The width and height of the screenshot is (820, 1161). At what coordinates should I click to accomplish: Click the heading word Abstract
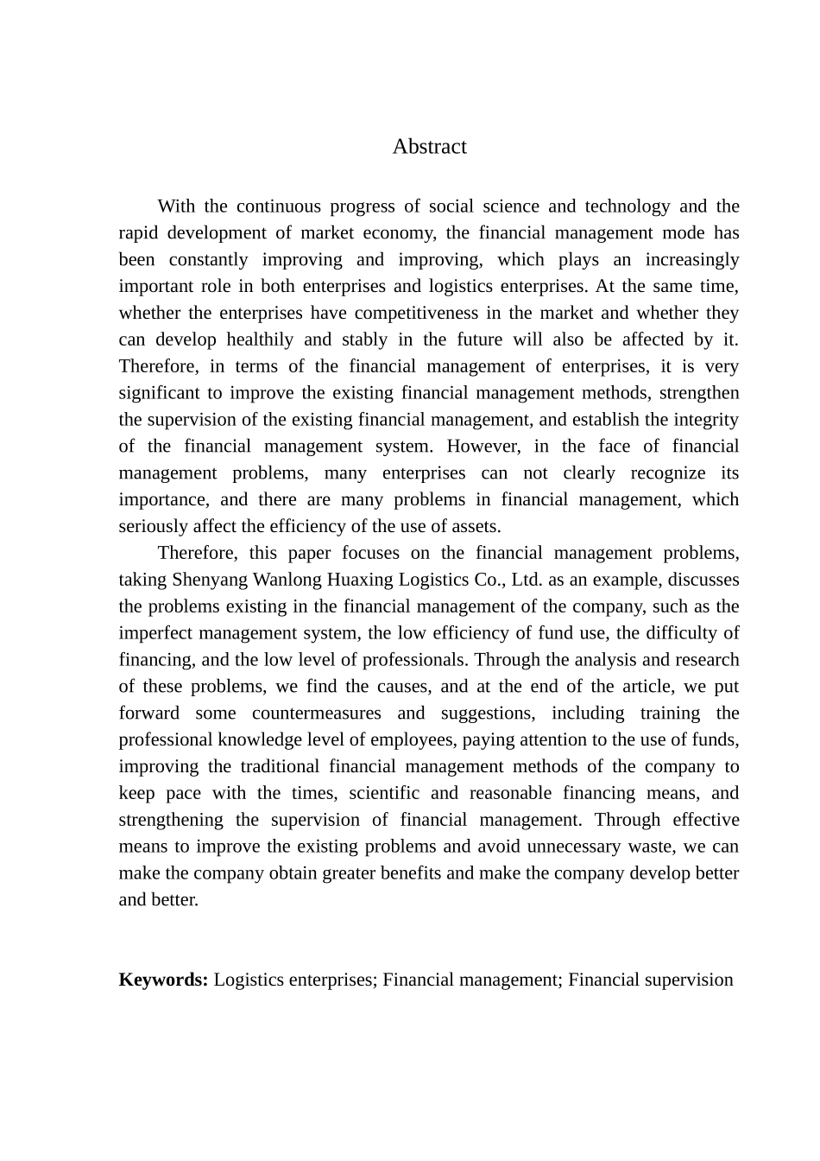(x=429, y=147)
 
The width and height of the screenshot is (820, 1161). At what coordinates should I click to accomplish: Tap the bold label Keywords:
(x=163, y=980)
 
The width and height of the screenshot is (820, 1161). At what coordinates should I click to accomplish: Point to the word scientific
(x=384, y=794)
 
